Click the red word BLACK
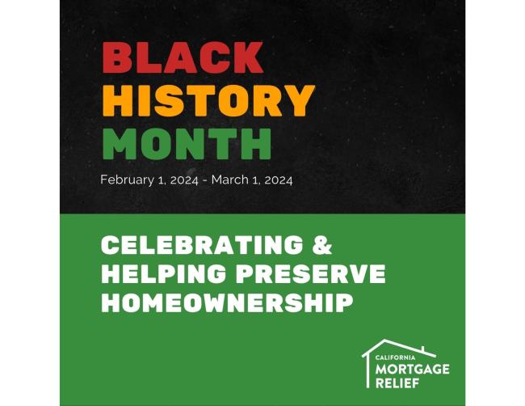183,58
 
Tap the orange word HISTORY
208,100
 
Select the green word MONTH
186,143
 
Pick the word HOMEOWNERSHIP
227,303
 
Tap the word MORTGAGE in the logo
413,369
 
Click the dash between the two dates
205,180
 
